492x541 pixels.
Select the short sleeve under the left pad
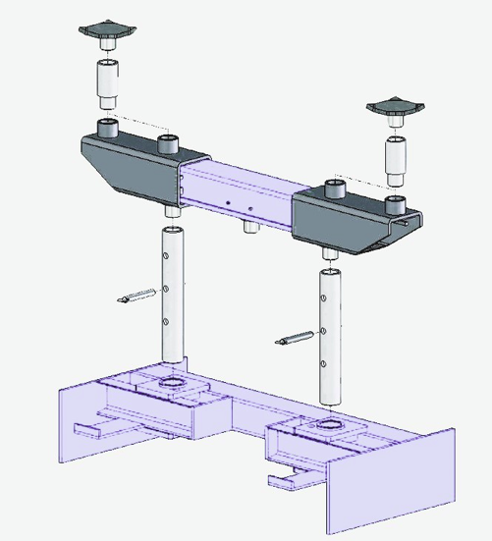(105, 83)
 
